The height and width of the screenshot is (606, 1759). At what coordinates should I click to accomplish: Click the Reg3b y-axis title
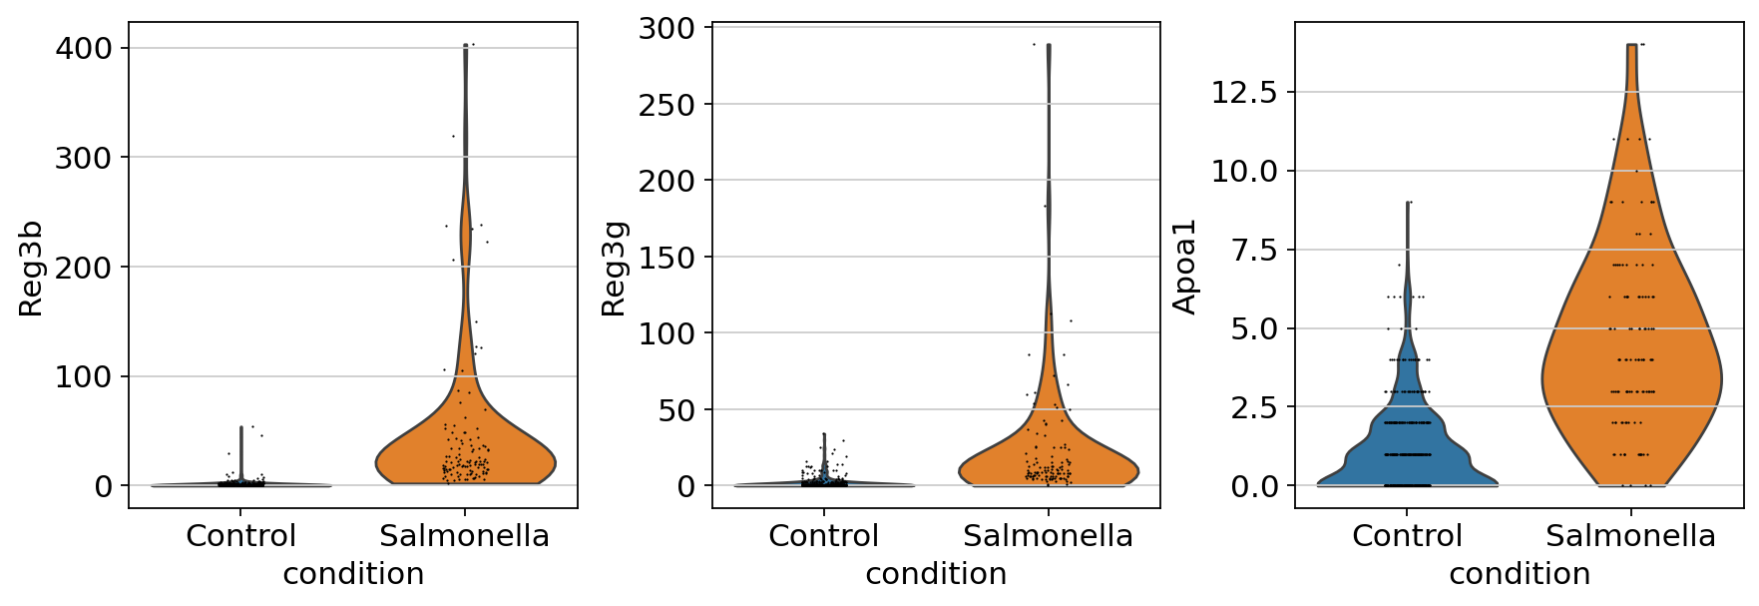(31, 268)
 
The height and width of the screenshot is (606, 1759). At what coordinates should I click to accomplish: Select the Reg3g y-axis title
(614, 268)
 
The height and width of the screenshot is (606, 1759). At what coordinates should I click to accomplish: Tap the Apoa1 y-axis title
(1184, 268)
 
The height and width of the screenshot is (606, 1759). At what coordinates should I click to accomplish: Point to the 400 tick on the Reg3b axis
(84, 48)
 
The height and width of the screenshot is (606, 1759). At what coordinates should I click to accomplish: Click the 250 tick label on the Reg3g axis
(666, 105)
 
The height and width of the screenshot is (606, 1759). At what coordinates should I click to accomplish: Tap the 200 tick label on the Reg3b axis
(84, 267)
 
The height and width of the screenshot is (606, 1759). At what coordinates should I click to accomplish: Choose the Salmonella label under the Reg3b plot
(465, 536)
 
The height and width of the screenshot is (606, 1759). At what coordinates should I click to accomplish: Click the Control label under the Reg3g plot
(823, 536)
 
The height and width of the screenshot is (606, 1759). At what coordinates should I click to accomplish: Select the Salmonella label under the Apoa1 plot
(1630, 536)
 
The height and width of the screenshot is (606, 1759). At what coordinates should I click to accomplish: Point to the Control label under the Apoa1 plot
(1407, 536)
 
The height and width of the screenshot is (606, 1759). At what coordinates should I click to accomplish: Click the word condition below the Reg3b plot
(353, 574)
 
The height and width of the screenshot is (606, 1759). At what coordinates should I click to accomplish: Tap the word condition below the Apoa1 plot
(1520, 574)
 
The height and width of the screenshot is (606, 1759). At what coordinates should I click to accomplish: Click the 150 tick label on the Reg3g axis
(666, 258)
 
